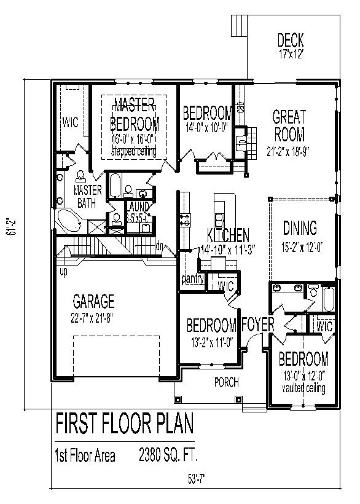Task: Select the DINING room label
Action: pyautogui.click(x=300, y=229)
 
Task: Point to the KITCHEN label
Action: pyautogui.click(x=228, y=235)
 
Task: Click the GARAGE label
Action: pyautogui.click(x=93, y=301)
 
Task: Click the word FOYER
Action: pyautogui.click(x=257, y=325)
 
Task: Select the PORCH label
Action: pyautogui.click(x=225, y=382)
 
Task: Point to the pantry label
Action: pyautogui.click(x=192, y=280)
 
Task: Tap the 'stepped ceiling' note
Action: pyautogui.click(x=135, y=151)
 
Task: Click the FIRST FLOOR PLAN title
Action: pyautogui.click(x=125, y=424)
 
